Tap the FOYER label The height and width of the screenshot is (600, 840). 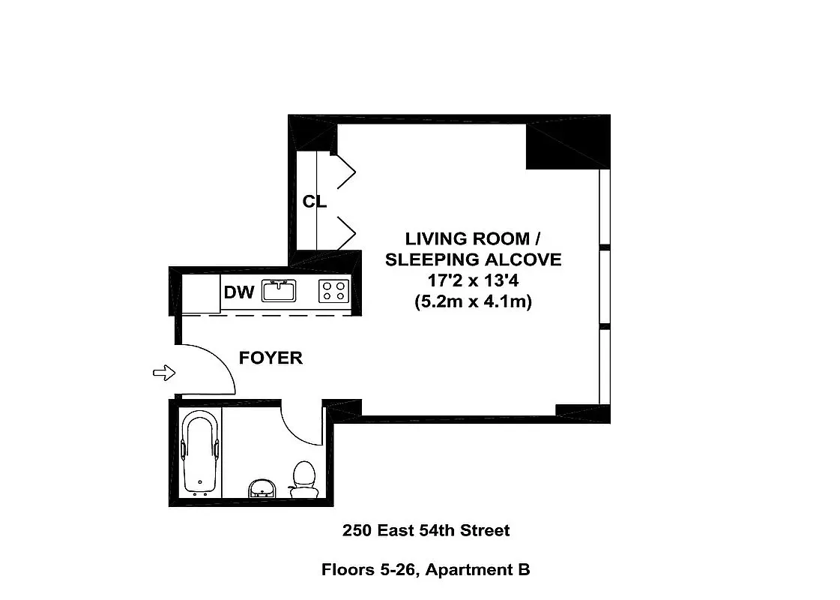coord(271,358)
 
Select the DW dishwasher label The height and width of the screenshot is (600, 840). coord(239,292)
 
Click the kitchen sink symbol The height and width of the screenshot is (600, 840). coord(280,290)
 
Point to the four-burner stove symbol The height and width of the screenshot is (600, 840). coord(334,290)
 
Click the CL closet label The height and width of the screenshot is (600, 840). coord(314,202)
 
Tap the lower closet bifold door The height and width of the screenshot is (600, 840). coord(345,232)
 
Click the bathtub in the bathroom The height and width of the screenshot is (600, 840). coord(199,452)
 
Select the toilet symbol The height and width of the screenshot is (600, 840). coord(303,478)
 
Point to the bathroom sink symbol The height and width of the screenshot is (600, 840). coord(262,488)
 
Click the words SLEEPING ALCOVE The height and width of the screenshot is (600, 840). coord(472,260)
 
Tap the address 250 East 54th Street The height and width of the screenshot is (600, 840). coord(426,531)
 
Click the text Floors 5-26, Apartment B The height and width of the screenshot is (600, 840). coord(426,570)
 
